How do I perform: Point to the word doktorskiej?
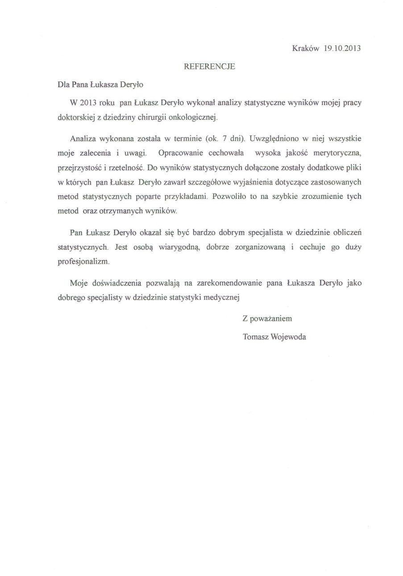tap(75, 117)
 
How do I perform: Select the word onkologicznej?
tap(195, 117)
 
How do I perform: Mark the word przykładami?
tap(189, 196)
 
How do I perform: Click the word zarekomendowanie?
tap(232, 282)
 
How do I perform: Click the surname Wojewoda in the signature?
tap(288, 337)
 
